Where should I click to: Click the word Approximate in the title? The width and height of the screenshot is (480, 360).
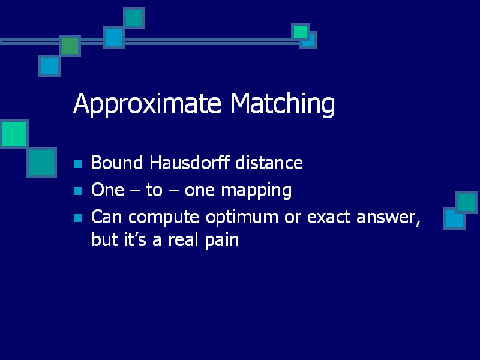(x=147, y=104)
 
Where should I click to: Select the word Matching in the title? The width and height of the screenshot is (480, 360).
(x=282, y=104)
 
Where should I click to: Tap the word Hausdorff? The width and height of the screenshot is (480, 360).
(x=190, y=162)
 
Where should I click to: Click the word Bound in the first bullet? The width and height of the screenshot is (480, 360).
(x=117, y=162)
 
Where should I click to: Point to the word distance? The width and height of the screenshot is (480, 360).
(x=269, y=162)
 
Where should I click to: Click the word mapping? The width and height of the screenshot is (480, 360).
(x=256, y=191)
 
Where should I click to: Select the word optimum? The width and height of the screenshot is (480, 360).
(x=242, y=218)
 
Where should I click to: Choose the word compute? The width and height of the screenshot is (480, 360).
(x=164, y=218)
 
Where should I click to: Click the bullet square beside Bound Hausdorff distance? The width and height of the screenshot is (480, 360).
(x=79, y=164)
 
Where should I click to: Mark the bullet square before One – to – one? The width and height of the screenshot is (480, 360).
(x=79, y=191)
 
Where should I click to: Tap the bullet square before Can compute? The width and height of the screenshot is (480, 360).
(x=79, y=218)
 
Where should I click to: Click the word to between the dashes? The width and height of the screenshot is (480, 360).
(x=154, y=190)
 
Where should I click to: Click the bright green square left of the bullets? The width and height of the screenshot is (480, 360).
(x=14, y=134)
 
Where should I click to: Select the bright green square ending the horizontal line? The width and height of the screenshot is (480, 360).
(x=301, y=32)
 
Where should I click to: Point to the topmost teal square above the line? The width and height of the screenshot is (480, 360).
(x=134, y=18)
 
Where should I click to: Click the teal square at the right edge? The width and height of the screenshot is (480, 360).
(x=466, y=202)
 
